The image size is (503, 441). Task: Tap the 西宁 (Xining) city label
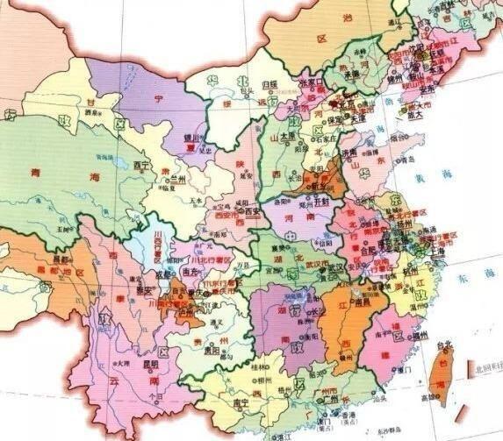(143, 164)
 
